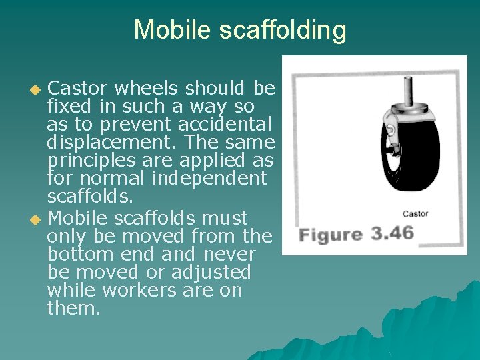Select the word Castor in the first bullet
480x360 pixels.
tap(80, 88)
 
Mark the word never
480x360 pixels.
tap(229, 254)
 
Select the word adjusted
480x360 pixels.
tap(211, 272)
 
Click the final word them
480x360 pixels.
tap(73, 309)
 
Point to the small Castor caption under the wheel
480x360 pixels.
tap(415, 214)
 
